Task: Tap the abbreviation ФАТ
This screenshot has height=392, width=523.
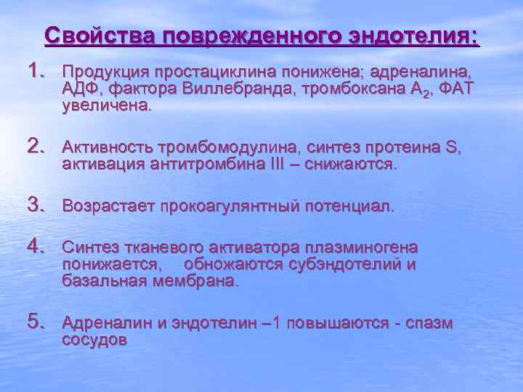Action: [x=456, y=89]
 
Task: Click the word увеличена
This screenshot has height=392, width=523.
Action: [x=108, y=105]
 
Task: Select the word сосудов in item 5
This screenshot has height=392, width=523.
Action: [x=94, y=339]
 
